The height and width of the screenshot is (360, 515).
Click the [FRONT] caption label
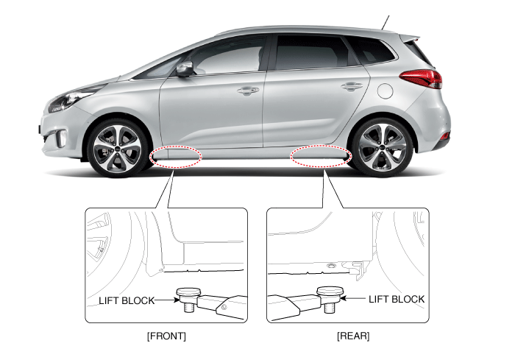[166, 336]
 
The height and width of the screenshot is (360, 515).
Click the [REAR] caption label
[353, 336]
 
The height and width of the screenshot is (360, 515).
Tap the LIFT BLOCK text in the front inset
[127, 300]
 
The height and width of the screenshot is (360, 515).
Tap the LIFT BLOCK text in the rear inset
[397, 299]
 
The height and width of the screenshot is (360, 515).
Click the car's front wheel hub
[117, 149]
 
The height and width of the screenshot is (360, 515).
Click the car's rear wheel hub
[382, 148]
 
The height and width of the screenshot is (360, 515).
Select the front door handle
[248, 90]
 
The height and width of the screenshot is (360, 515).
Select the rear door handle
[352, 86]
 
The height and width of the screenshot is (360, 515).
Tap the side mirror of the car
[185, 69]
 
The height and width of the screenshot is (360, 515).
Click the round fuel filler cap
[386, 91]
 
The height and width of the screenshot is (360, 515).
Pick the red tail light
[421, 79]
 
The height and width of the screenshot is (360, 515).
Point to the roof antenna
[386, 22]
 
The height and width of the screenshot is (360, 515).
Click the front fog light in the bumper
[61, 139]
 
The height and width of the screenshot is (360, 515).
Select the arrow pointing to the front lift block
[167, 300]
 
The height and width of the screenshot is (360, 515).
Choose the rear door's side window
[312, 52]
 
